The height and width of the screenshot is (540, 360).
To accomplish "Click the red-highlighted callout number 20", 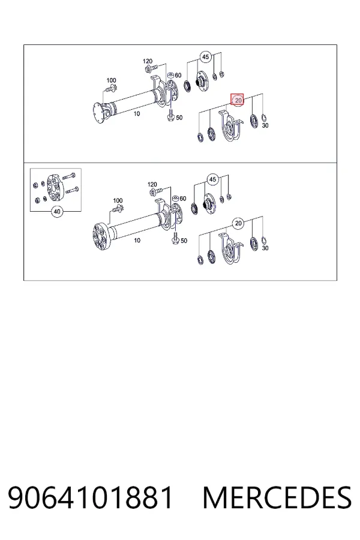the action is coord(238,101).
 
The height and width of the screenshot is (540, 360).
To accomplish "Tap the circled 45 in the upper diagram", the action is coord(205,57).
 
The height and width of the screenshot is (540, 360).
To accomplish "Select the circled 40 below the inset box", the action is coord(57,211).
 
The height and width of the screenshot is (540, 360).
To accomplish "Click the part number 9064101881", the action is coord(90,497).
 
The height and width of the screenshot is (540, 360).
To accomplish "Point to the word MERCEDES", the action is coord(277,497).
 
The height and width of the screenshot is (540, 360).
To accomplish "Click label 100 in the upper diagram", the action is coord(111,80).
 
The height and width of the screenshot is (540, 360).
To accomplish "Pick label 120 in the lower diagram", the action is coord(152,184).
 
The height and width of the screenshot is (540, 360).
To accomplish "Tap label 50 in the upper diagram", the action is coord(179,118).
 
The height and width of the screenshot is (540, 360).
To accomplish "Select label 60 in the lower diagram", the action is coord(182,199).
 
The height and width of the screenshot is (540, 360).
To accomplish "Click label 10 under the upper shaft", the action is coord(137,113).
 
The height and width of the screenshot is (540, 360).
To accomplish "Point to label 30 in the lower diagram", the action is coord(265,248).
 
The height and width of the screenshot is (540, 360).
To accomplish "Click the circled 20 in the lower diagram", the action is coord(238,224).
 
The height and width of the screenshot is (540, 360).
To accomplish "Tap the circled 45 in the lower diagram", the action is coord(212,179).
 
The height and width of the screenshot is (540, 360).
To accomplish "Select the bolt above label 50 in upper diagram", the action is coord(170,115).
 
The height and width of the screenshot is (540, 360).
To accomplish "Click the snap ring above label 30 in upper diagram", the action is coord(264,118).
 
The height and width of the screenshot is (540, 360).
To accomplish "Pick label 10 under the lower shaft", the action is coord(137,241).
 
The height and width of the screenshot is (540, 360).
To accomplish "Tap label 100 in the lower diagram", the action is coord(118,200).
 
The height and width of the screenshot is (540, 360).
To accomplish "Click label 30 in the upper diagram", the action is coord(265,126).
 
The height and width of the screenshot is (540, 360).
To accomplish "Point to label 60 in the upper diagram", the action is coord(178,76).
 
